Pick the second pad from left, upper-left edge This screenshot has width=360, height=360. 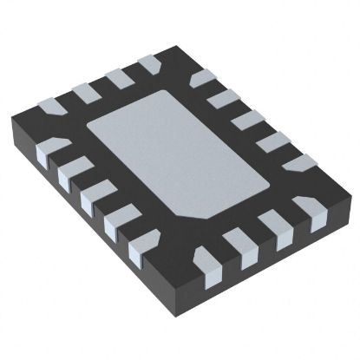85,90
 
